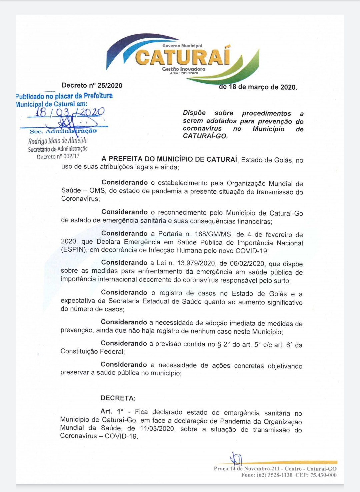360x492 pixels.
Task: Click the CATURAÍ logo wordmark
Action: click(183, 57)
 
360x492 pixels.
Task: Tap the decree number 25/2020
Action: click(110, 86)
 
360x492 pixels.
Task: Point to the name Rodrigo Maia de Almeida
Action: click(58, 140)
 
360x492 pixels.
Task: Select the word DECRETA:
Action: click(118, 398)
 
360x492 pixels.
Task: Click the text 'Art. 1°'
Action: click(112, 412)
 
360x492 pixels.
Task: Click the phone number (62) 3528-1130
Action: click(274, 475)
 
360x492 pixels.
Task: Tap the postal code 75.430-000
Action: click(323, 475)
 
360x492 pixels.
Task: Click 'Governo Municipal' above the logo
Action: click(182, 46)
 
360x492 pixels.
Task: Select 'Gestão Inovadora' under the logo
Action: click(184, 69)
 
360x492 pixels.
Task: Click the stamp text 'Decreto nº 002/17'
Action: click(58, 156)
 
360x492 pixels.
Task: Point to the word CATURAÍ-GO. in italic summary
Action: click(205, 136)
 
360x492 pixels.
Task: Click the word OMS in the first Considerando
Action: click(97, 191)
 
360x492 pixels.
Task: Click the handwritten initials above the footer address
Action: click(237, 459)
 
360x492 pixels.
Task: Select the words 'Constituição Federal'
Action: click(92, 351)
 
